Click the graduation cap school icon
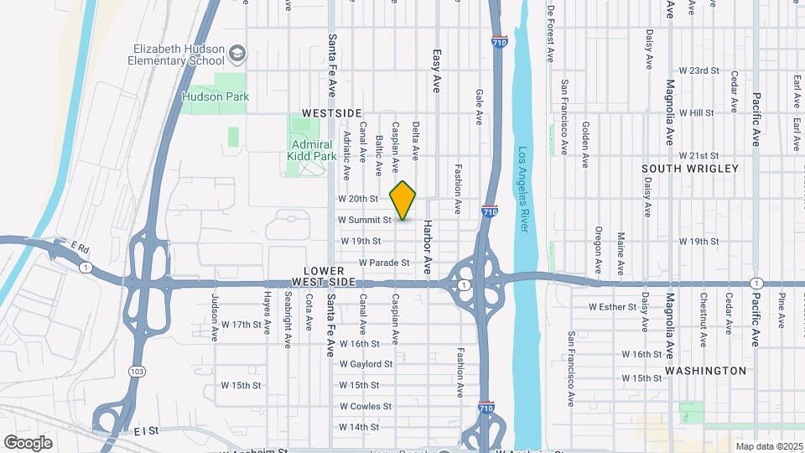pyautogui.click(x=237, y=55)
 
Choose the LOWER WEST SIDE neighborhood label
pyautogui.click(x=318, y=277)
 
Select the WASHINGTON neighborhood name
pyautogui.click(x=705, y=370)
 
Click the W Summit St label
pyautogui.click(x=365, y=220)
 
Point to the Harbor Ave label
pyautogui.click(x=427, y=248)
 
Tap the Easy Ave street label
pyautogui.click(x=436, y=70)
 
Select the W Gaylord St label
pyautogui.click(x=366, y=364)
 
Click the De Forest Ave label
pyautogui.click(x=551, y=34)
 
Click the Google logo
pyautogui.click(x=28, y=442)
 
